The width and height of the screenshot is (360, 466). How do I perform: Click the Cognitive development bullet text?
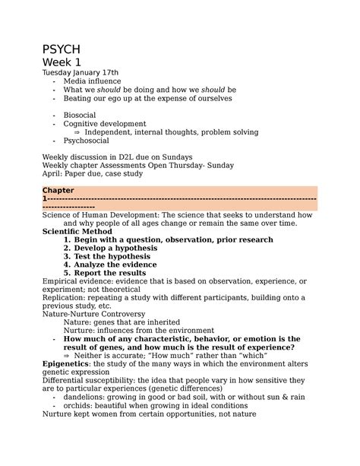click(105, 123)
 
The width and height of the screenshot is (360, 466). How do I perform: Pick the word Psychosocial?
click(86, 141)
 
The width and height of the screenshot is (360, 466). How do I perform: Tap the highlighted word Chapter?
click(58, 190)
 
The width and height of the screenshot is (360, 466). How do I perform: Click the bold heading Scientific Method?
click(77, 231)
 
